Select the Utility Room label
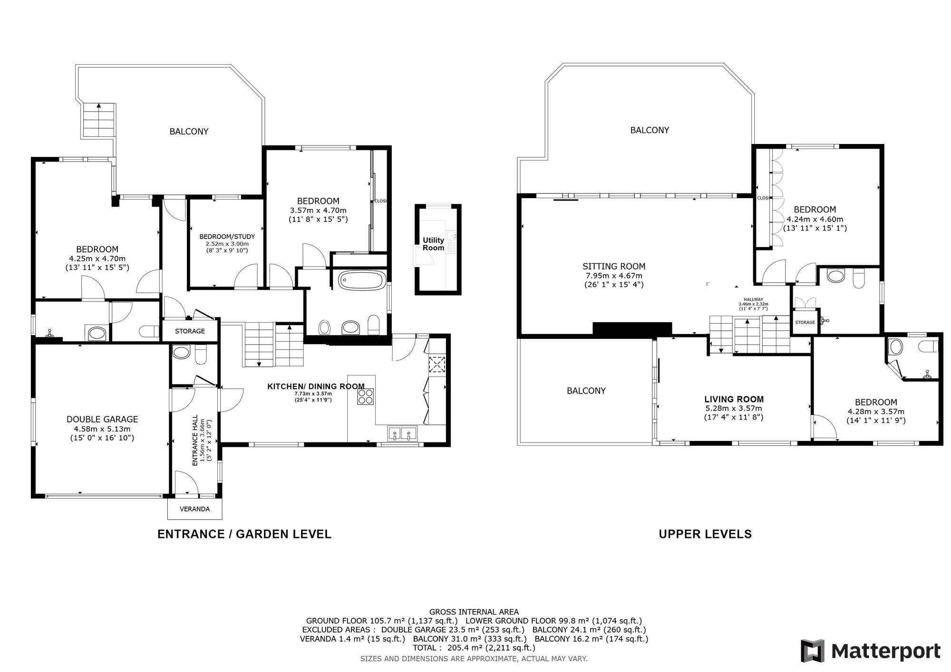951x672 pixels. (433, 244)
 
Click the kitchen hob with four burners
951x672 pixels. (366, 396)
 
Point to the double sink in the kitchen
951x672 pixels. (402, 433)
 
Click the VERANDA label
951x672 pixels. (194, 509)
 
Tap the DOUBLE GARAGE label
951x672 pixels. (102, 419)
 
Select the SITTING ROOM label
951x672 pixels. (614, 267)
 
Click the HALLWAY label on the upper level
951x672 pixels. (753, 299)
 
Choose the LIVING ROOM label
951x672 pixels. (734, 399)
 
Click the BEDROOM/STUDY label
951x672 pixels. (227, 236)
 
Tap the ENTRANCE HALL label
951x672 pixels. (195, 442)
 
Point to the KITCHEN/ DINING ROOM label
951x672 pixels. (316, 386)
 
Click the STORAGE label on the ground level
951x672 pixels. (190, 331)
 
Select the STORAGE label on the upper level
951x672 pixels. (805, 322)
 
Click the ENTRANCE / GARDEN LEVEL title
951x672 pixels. (244, 534)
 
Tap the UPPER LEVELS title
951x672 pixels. (705, 534)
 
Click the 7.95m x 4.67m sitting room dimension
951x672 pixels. (614, 276)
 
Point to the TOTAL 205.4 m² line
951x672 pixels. (474, 648)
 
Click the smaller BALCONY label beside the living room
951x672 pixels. (586, 391)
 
